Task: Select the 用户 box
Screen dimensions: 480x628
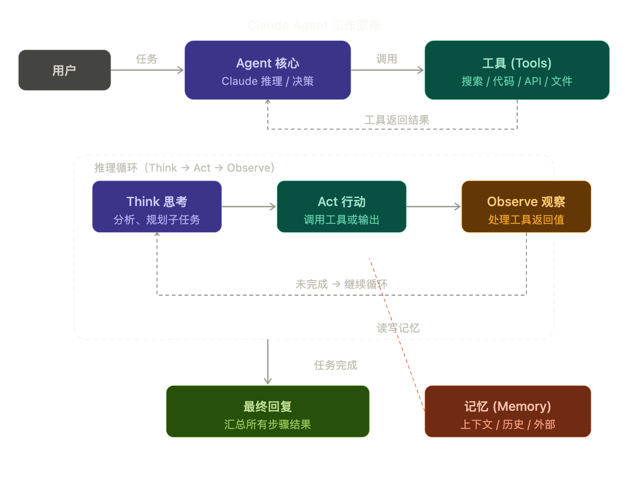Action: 65,70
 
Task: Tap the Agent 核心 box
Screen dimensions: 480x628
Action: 268,70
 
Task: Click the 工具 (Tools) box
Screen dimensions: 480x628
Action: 517,70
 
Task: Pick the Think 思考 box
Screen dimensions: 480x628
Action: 157,207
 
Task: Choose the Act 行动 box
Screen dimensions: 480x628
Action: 341,207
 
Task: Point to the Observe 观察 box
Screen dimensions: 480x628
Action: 526,207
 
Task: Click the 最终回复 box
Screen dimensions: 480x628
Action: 268,411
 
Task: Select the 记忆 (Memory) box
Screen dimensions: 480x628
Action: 508,411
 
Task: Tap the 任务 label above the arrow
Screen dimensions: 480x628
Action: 147,59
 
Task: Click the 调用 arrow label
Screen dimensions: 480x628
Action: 387,59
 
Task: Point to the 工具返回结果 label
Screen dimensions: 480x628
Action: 397,120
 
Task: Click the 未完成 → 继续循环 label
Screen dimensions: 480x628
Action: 341,284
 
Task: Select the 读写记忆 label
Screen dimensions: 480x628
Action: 398,328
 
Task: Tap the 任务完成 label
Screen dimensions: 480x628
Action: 336,365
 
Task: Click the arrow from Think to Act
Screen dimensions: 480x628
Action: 249,206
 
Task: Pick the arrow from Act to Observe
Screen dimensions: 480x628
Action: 433,206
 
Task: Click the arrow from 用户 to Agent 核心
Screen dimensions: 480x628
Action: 147,70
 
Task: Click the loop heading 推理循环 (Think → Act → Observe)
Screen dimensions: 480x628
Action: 184,168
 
